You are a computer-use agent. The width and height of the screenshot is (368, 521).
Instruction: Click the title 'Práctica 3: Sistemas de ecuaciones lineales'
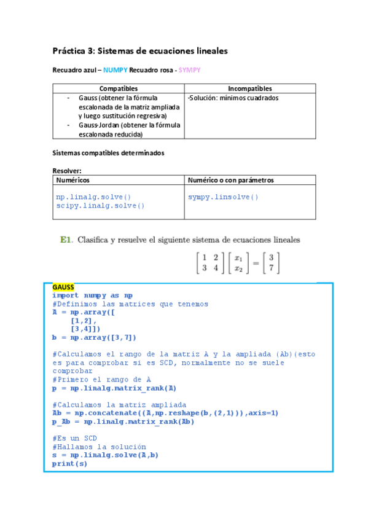(140, 51)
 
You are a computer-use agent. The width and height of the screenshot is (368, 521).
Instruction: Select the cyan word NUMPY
(115, 71)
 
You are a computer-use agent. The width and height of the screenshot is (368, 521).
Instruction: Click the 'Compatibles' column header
(119, 89)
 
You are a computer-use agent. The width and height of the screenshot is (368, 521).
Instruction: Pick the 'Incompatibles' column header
(250, 89)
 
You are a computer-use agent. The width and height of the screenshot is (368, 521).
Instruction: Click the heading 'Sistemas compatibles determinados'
(109, 153)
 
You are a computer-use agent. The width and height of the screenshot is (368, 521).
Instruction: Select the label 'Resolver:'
(67, 171)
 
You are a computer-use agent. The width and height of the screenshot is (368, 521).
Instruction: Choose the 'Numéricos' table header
(73, 180)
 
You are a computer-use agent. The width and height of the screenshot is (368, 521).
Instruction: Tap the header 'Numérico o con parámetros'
(230, 180)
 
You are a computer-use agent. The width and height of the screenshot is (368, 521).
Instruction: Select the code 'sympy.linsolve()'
(223, 197)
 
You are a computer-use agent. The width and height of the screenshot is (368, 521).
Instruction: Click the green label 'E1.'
(66, 240)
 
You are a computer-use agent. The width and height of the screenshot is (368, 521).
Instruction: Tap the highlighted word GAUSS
(63, 287)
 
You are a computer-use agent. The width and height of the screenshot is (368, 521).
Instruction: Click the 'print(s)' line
(69, 463)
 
